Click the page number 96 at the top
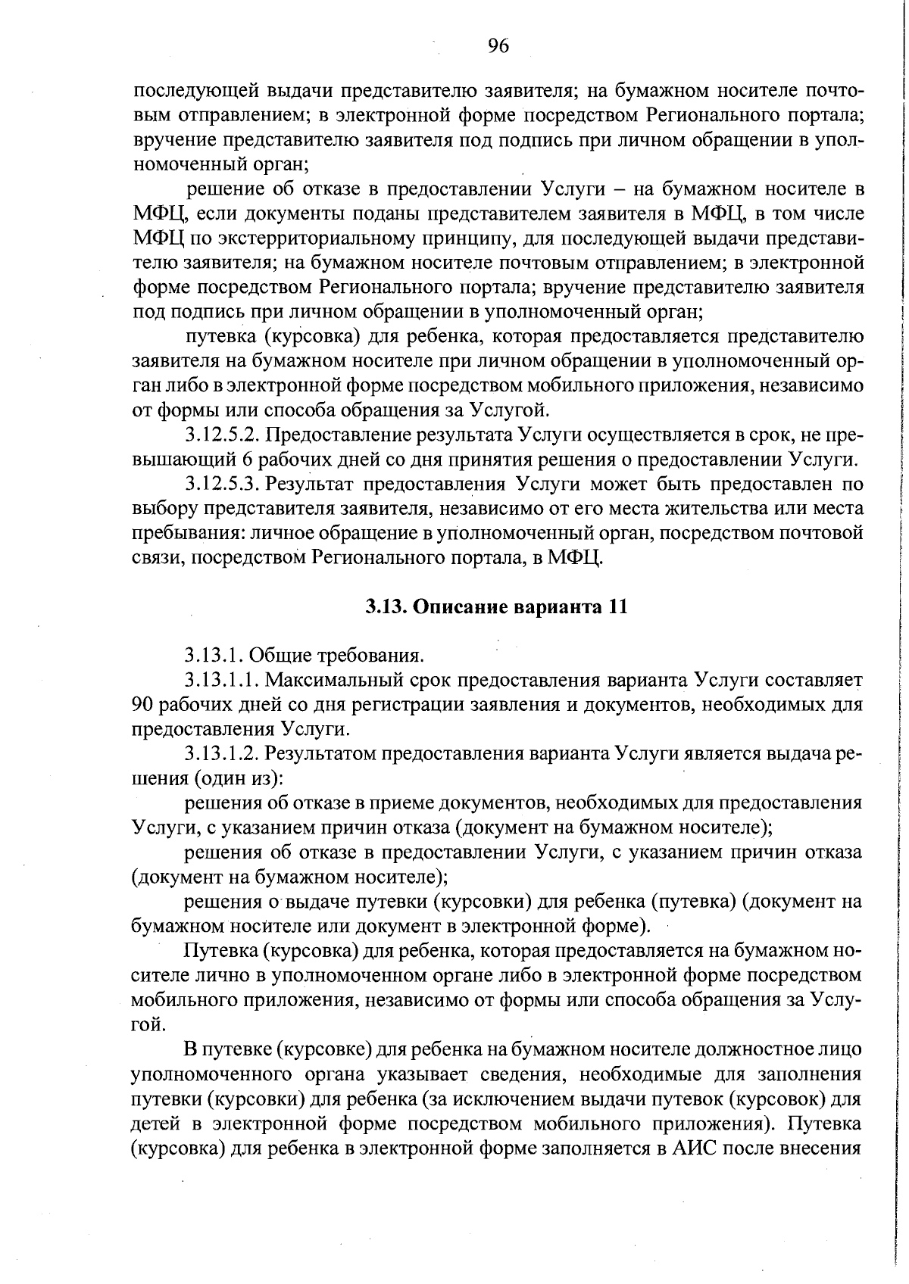pyautogui.click(x=498, y=47)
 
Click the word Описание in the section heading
pyautogui.click(x=458, y=606)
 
